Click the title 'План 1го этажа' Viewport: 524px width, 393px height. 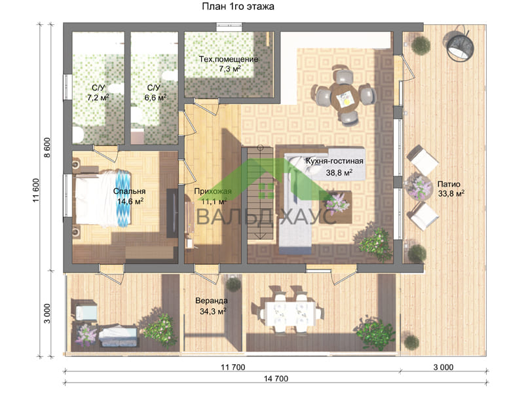click(238, 7)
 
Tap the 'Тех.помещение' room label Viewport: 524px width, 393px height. click(229, 60)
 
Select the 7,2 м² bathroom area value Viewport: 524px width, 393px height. click(98, 98)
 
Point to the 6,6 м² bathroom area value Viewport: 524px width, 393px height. click(155, 98)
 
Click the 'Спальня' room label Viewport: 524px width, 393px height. click(129, 191)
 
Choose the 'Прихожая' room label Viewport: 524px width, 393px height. click(213, 191)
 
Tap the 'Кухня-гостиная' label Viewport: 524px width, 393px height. click(335, 161)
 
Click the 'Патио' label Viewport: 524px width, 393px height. click(449, 184)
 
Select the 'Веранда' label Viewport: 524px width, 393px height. click(212, 301)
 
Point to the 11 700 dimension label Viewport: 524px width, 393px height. click(233, 367)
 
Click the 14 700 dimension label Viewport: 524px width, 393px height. click(276, 379)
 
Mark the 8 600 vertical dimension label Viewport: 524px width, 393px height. click(47, 148)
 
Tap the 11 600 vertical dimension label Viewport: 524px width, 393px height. click(36, 191)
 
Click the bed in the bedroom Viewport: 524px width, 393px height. click(103, 198)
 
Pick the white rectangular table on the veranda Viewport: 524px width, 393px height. click(288, 314)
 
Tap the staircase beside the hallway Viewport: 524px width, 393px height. click(260, 193)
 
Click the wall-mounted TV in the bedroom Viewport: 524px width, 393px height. click(172, 214)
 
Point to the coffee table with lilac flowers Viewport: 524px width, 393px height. click(335, 207)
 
